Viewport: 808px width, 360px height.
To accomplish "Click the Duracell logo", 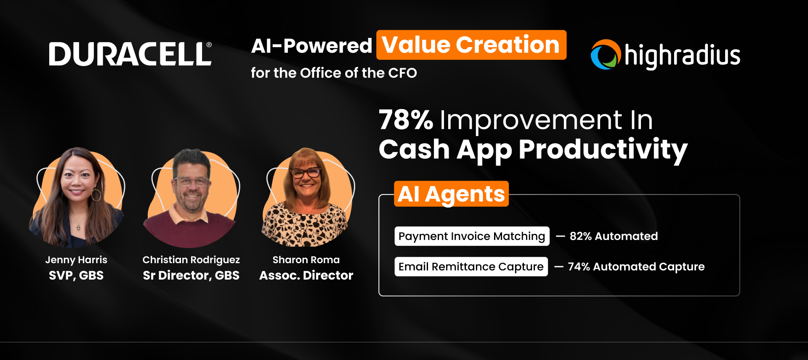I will click(x=130, y=54).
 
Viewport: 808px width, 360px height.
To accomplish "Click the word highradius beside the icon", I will click(x=682, y=56).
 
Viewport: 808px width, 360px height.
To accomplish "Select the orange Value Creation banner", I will click(x=471, y=45).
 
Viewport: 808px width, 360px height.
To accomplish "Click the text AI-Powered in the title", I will click(x=311, y=46).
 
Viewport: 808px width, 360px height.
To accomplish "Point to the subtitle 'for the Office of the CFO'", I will click(x=334, y=73).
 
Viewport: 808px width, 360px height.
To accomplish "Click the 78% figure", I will click(x=406, y=120).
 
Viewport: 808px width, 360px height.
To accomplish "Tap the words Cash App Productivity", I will click(x=533, y=149).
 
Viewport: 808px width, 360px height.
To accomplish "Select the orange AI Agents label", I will click(x=451, y=194).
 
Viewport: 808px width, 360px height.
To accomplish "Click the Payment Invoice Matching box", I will click(x=472, y=236).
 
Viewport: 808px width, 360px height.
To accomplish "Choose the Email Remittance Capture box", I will click(x=471, y=267).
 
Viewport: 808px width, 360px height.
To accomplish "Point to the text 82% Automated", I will click(x=614, y=236).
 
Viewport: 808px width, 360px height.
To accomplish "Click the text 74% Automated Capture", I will click(x=636, y=267).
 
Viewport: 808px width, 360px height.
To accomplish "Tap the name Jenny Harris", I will click(x=76, y=260).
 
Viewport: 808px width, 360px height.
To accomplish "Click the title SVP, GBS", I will click(x=76, y=275).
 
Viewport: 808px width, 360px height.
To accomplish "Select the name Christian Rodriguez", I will click(x=191, y=260).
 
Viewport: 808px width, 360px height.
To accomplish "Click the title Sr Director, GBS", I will click(x=191, y=275).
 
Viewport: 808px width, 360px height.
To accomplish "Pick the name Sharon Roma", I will click(x=306, y=260).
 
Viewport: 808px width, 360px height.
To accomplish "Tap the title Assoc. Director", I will click(x=306, y=275).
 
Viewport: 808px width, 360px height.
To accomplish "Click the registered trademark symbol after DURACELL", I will click(x=209, y=45).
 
